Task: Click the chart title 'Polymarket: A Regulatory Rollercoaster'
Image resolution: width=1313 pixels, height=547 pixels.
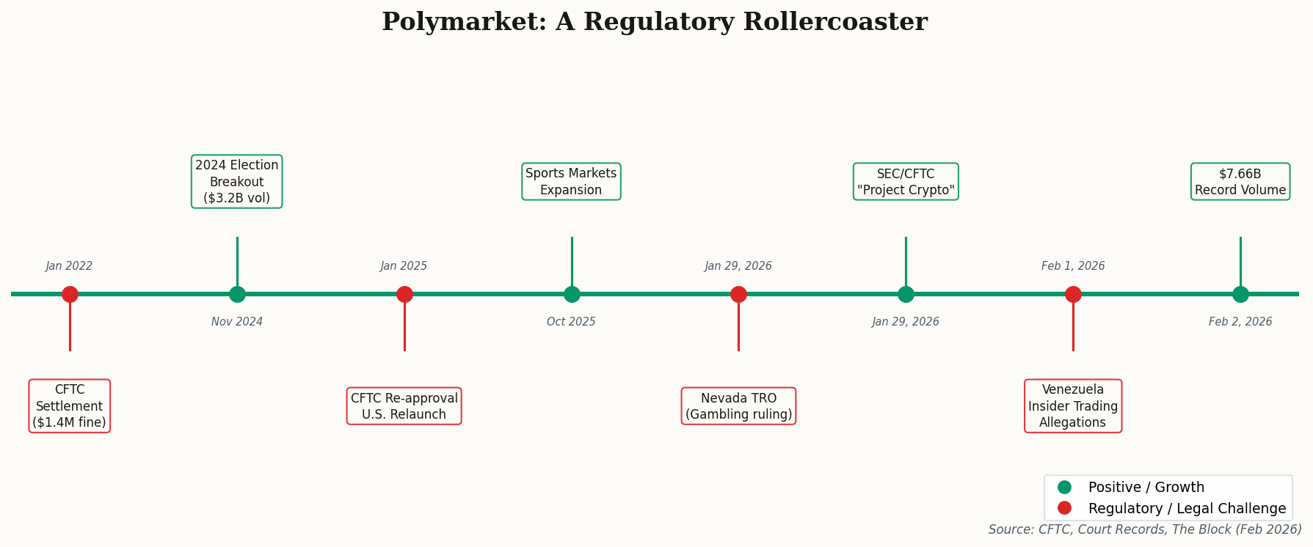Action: [x=654, y=22]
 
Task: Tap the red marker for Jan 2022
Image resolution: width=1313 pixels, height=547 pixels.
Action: [x=70, y=294]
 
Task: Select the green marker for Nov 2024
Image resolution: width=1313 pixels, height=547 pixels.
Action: [x=237, y=294]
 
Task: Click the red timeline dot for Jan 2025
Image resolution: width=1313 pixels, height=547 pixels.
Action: [x=404, y=294]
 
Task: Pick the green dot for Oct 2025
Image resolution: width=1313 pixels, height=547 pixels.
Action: [x=572, y=294]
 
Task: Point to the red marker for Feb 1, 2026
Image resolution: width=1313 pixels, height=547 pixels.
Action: [x=1073, y=294]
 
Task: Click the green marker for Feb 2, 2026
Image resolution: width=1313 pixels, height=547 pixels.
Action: [x=1240, y=294]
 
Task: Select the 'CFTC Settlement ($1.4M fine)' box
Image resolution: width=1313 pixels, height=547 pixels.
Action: [x=70, y=406]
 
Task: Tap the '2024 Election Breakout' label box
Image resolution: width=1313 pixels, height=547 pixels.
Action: [x=237, y=182]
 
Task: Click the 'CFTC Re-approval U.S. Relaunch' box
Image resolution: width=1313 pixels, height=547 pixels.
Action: [x=404, y=406]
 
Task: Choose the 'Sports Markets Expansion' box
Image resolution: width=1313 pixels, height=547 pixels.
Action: [x=571, y=182]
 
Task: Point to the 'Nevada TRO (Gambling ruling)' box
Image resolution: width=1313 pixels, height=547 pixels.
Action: [x=738, y=406]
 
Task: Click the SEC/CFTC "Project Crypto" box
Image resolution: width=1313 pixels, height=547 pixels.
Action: [x=906, y=182]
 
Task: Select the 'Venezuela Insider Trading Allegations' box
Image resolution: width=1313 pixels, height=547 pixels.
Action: [x=1073, y=406]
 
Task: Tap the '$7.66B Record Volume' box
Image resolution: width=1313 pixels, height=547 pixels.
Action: [x=1240, y=182]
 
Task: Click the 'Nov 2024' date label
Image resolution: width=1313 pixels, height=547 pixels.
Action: [x=237, y=322]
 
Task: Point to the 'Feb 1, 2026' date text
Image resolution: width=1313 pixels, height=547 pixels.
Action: [x=1073, y=266]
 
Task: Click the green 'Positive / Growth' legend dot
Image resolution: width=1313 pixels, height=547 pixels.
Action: [x=1064, y=487]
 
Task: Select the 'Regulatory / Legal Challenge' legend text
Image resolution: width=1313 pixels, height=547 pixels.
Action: [x=1187, y=508]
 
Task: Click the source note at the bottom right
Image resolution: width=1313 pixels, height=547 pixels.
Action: [x=1145, y=529]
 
